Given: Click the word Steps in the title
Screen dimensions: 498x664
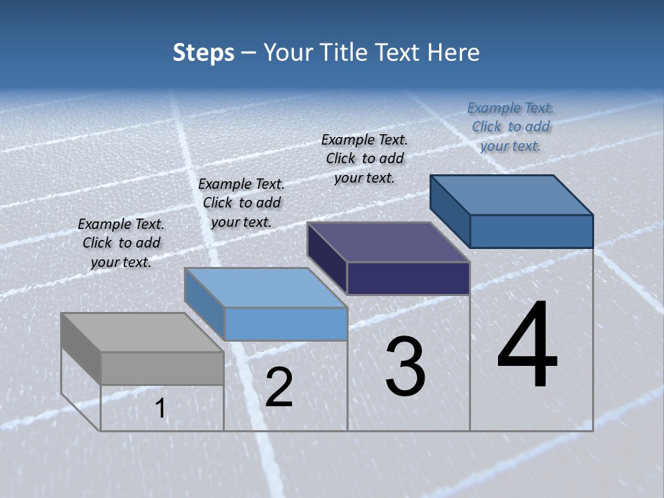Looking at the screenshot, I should point(203,53).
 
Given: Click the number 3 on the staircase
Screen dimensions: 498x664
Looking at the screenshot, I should point(405,366).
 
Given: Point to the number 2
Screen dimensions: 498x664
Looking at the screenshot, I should point(279,387).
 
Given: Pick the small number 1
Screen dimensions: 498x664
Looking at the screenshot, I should point(160,409).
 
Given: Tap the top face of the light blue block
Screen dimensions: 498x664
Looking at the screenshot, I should point(266,288).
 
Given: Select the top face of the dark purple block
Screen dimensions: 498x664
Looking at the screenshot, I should point(388,243).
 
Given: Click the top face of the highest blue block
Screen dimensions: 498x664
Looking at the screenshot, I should point(512,195).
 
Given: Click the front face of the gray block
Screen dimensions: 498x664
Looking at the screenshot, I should point(162,368).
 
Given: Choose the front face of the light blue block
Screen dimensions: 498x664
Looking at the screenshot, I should point(286,324).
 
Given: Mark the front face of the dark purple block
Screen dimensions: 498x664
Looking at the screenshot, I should point(408,278).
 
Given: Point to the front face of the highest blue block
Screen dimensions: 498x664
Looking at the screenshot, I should point(531,231).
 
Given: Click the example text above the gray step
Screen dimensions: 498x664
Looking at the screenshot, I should point(121,243).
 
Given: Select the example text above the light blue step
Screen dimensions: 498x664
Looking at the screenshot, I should point(241,203).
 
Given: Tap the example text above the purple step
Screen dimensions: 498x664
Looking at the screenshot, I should point(365,158).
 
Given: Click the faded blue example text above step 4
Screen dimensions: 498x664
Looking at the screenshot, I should point(510,127).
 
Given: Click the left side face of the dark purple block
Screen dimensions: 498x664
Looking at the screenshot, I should point(327,259).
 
